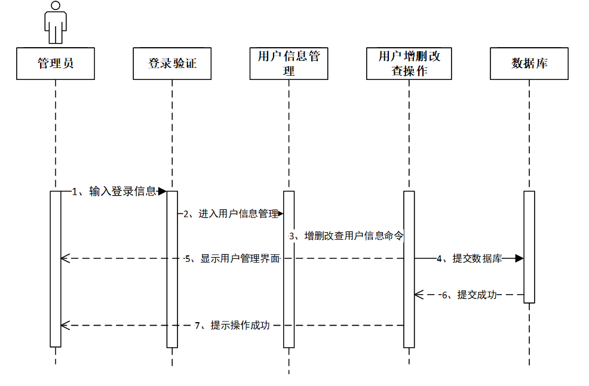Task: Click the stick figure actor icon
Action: pos(55,23)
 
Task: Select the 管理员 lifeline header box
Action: pos(56,63)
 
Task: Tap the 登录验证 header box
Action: pos(172,63)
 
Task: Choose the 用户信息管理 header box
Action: pos(289,63)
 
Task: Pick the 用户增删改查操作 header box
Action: pos(409,63)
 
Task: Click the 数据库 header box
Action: pos(529,63)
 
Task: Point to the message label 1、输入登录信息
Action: pos(114,192)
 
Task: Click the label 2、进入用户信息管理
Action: pos(231,214)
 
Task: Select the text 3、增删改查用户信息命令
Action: pos(346,236)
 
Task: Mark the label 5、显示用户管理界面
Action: pos(232,258)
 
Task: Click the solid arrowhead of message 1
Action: pos(162,192)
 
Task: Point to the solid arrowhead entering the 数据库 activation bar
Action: pos(519,258)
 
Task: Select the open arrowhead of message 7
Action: pos(66,326)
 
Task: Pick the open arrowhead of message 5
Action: pos(66,258)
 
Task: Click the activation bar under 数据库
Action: pos(529,246)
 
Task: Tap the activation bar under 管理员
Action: pos(56,268)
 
